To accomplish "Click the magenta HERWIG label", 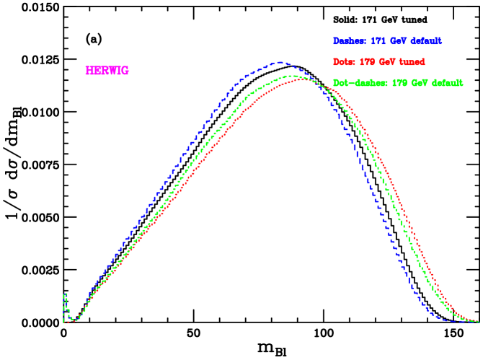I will (x=107, y=71).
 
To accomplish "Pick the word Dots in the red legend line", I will (x=344, y=62).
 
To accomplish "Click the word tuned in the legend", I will (x=413, y=62).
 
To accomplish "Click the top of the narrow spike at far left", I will (x=65, y=294).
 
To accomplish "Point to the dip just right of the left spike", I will (x=74, y=319).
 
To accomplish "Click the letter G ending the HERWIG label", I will (x=125, y=71).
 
